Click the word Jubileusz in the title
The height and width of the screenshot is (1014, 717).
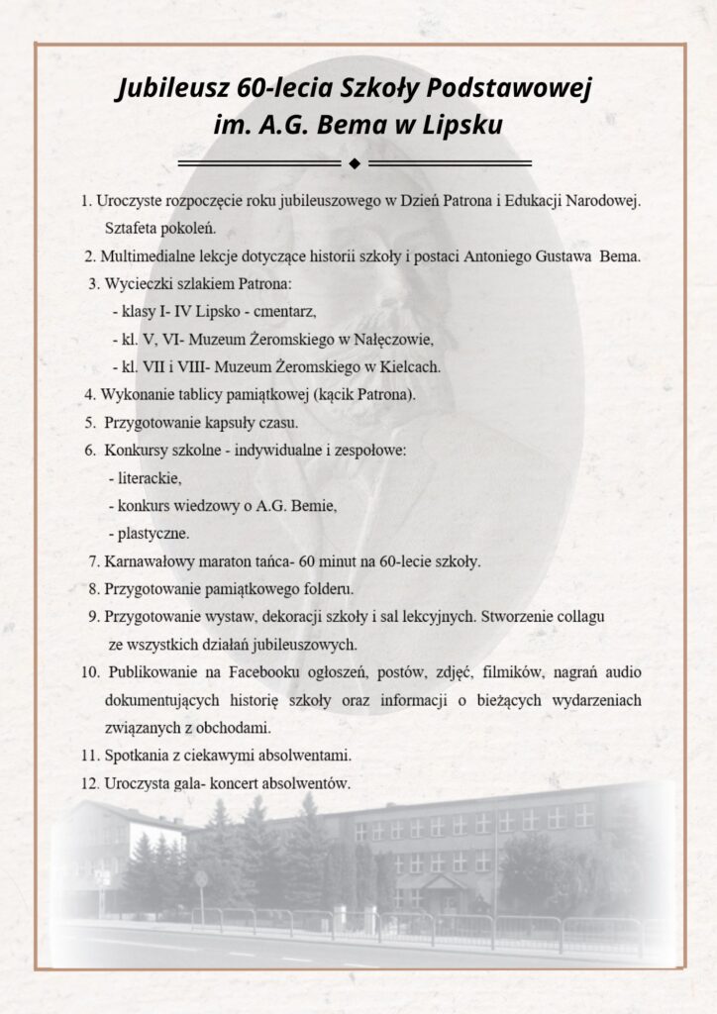click(x=174, y=90)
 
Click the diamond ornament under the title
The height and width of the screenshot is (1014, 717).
click(x=354, y=161)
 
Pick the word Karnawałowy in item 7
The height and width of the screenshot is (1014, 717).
click(x=145, y=561)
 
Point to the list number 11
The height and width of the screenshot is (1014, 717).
click(x=88, y=756)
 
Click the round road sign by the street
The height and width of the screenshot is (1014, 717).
click(x=201, y=877)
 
